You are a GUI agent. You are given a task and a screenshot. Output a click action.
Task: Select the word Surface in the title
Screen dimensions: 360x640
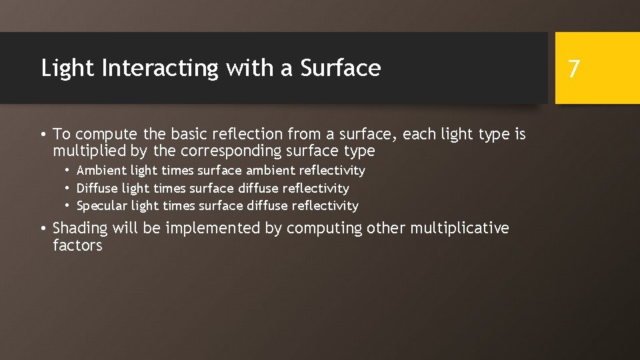pos(340,68)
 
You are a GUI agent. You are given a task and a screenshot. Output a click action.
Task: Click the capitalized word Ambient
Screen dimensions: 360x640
pos(101,171)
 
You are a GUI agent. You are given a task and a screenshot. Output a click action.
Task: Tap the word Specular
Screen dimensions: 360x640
pos(102,206)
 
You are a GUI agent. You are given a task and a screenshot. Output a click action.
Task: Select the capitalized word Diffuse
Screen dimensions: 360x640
pos(98,189)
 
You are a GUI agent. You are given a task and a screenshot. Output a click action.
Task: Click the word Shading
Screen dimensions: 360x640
pos(80,228)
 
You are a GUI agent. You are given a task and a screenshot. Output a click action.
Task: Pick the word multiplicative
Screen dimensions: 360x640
pos(459,228)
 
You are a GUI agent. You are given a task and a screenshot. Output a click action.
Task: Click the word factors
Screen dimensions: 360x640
pos(77,245)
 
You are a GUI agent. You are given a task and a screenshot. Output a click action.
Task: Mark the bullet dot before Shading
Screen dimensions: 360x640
pos(43,229)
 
